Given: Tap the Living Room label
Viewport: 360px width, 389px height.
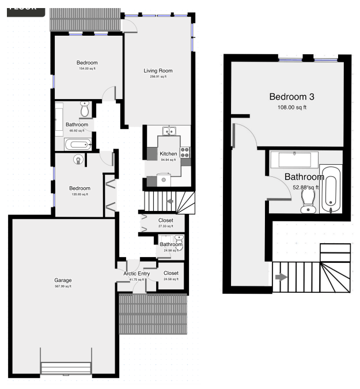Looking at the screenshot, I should [x=158, y=71].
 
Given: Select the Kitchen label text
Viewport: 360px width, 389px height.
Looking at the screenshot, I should [x=168, y=154].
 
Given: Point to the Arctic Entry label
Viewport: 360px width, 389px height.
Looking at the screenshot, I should [x=137, y=273].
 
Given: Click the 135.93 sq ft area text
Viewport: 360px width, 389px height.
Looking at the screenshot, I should [x=79, y=195].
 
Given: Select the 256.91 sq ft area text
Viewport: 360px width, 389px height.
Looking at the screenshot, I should [x=158, y=77].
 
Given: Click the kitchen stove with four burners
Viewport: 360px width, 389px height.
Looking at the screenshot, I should [x=185, y=152].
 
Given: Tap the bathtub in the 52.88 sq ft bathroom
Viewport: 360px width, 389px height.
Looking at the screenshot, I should [x=330, y=190].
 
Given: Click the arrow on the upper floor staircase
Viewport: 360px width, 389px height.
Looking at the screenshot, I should [x=281, y=277].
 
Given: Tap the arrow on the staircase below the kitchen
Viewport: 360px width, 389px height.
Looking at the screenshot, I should [x=170, y=202].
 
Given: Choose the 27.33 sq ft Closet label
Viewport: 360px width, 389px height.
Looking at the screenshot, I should [x=165, y=220].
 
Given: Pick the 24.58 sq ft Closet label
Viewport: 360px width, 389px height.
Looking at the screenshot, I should [x=171, y=273].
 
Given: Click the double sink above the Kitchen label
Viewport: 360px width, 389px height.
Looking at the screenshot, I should [x=169, y=131].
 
